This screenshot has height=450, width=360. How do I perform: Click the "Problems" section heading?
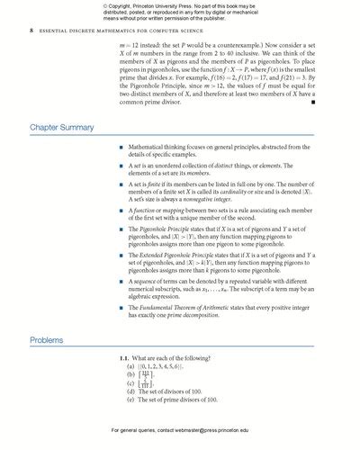[47, 339]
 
